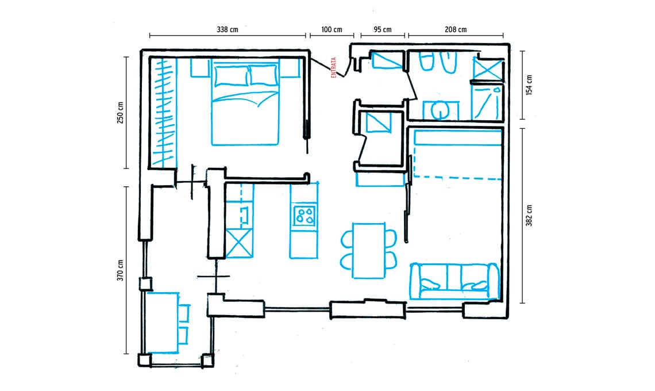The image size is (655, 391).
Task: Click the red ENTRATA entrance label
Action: [x=333, y=68]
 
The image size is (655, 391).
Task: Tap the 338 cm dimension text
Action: [x=228, y=30]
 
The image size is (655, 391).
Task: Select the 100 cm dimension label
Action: [x=332, y=30]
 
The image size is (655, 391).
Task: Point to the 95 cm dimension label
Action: [x=383, y=30]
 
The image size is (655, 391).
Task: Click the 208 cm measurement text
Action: [x=456, y=30]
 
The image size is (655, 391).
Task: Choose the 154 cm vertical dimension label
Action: [x=529, y=85]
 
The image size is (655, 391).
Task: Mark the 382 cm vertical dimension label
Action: [x=529, y=216]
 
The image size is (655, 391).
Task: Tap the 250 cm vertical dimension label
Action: [x=120, y=113]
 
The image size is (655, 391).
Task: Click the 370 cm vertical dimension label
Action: [x=120, y=270]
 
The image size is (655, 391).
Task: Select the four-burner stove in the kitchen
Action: [x=305, y=216]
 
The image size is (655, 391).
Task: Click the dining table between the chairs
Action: [x=369, y=251]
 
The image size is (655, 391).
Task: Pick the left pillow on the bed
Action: [x=232, y=76]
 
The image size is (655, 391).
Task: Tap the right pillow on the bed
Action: [x=264, y=76]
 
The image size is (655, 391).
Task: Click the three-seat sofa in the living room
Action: [x=454, y=281]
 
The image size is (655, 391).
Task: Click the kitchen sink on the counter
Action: [x=245, y=214]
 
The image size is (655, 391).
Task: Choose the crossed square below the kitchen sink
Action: [x=240, y=243]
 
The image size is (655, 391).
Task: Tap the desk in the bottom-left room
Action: [x=163, y=323]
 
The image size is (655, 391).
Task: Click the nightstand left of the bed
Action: [x=201, y=68]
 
